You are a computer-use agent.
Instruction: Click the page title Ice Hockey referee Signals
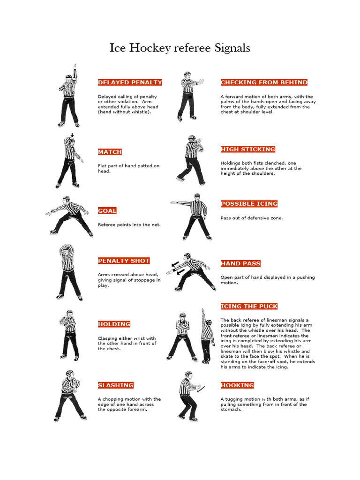coord(180,48)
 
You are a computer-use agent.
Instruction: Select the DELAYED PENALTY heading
coord(130,82)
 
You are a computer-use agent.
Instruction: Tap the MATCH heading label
coord(110,152)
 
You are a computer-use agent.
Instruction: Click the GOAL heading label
coord(107,211)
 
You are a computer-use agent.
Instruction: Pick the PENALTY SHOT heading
coord(124,261)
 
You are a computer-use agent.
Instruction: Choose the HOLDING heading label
coord(114,324)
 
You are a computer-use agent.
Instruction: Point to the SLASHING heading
coord(116,385)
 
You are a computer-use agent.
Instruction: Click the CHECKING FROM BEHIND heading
coord(264,82)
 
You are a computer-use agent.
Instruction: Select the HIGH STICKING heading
coord(247,150)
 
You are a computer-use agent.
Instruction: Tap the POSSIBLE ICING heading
coord(249,204)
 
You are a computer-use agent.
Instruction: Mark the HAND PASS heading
coord(240,263)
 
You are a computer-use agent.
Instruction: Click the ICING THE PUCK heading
coord(248,307)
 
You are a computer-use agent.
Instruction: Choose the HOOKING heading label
coord(237,385)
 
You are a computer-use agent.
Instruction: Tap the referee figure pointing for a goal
coord(70,216)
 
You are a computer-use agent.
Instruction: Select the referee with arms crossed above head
coord(68,272)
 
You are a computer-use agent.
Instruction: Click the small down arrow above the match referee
coord(72,135)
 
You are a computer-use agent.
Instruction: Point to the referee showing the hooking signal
coord(188,396)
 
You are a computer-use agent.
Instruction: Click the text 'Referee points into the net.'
coord(129,225)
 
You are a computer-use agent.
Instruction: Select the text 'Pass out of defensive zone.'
coord(251,218)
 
